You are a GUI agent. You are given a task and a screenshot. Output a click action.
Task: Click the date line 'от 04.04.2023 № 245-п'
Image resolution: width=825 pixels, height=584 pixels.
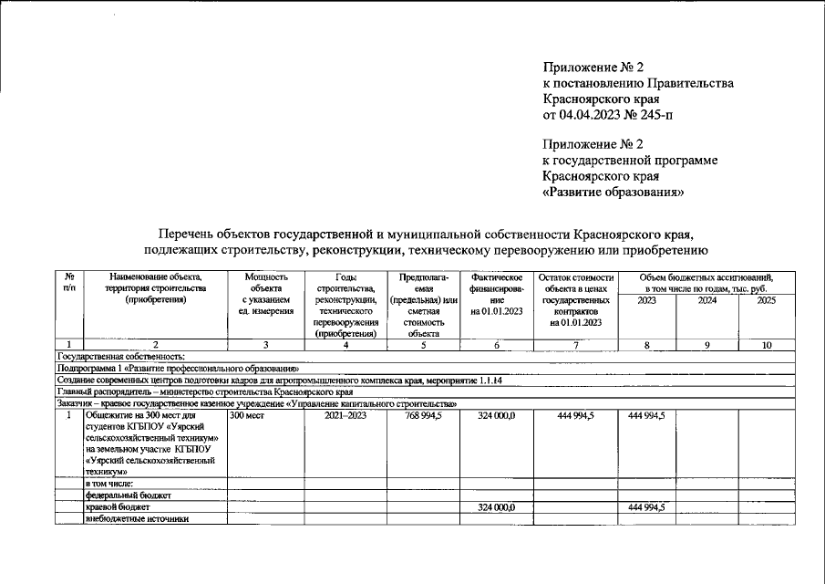coord(609,115)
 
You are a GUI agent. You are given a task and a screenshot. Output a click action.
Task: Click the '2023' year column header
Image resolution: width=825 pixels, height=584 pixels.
coord(646,300)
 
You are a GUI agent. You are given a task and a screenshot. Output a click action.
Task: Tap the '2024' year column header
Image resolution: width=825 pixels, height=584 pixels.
coord(706,300)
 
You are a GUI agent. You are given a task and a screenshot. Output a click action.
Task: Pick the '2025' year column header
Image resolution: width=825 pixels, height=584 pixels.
coord(766,300)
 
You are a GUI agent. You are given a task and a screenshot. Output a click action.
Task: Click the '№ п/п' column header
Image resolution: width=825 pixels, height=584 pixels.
coord(68,282)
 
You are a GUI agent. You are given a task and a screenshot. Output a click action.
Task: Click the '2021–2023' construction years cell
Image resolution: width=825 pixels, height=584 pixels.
coord(345,415)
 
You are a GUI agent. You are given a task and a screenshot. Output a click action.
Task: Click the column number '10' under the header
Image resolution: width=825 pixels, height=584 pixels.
coord(766,345)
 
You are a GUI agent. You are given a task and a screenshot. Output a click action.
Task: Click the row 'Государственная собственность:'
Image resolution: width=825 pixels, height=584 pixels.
coord(121,356)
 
